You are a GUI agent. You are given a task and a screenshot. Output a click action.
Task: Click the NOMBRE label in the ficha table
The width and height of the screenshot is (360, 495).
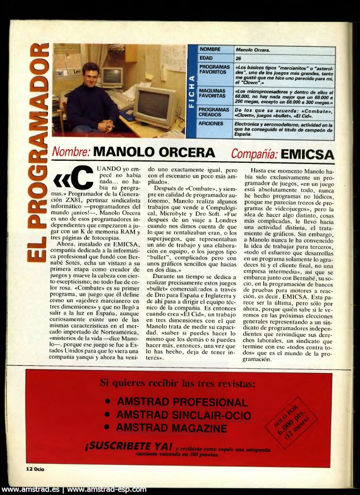tap(210, 50)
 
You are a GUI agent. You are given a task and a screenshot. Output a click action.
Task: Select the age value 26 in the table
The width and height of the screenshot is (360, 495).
tap(239, 58)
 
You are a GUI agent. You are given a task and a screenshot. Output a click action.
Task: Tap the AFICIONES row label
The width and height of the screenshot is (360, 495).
tap(211, 124)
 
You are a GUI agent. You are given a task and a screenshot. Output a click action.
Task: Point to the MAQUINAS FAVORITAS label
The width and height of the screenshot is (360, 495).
tap(212, 93)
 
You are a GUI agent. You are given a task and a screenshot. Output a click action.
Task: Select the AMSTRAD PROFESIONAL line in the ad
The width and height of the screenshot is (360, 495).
tap(182, 402)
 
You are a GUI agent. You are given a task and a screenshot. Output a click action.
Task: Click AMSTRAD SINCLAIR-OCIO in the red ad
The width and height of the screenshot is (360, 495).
tap(183, 415)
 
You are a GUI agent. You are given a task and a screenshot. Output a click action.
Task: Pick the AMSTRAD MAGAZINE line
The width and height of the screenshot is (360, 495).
tap(172, 428)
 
